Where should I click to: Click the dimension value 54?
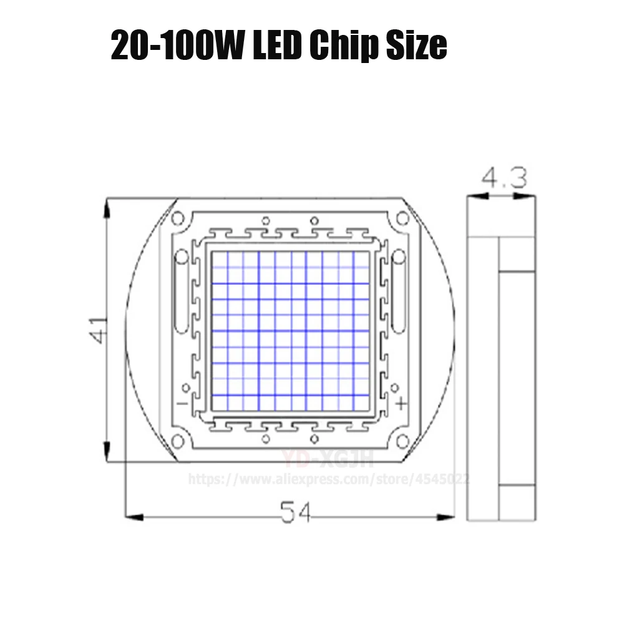pos(295,514)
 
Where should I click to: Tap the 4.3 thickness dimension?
pos(504,180)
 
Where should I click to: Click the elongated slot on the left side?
pos(181,293)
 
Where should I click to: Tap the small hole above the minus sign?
pos(185,388)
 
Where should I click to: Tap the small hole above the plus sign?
pos(396,388)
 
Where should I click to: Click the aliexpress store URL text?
pos(329,479)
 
